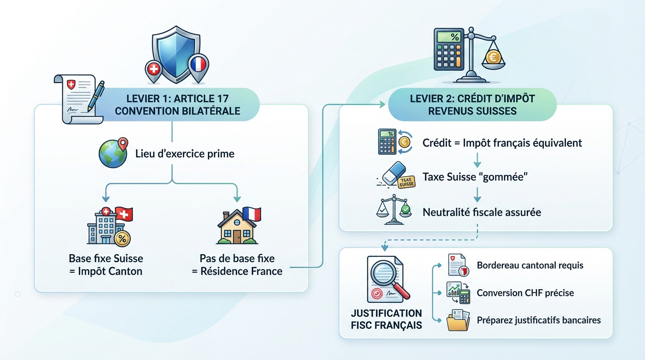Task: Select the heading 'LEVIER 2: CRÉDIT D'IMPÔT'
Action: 472,99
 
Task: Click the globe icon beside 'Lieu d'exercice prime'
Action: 112,153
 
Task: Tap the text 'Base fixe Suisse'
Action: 106,258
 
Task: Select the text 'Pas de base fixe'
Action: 237,258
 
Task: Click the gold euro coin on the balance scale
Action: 493,57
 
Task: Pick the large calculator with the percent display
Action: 450,49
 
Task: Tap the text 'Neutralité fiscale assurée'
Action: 481,212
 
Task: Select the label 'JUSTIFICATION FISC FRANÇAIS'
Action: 386,319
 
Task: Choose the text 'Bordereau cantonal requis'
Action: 530,265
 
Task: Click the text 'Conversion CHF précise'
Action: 525,293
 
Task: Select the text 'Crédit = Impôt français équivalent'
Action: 502,142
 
